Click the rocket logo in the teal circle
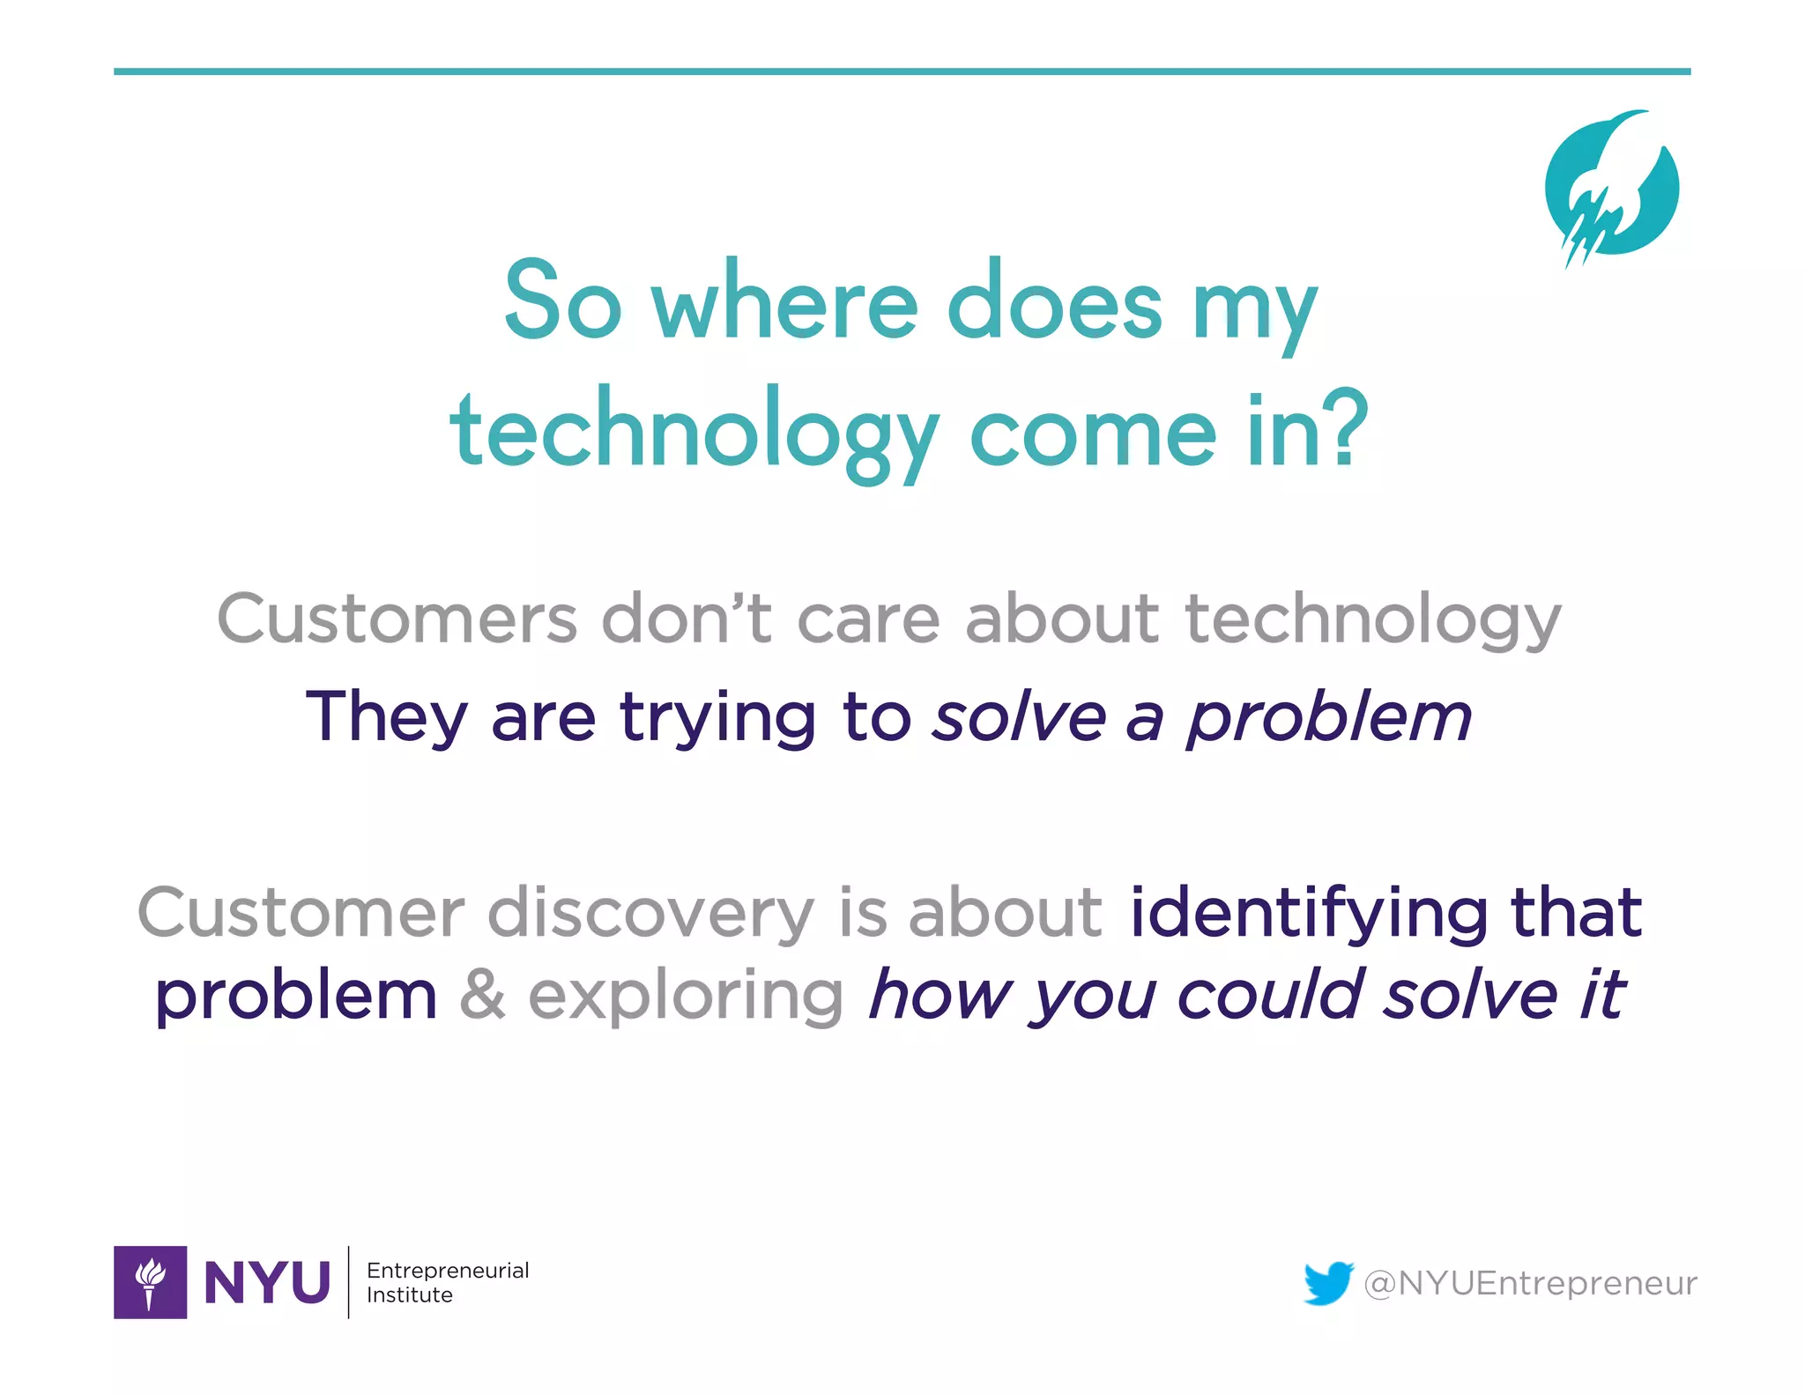point(1611,187)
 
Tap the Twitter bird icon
point(1328,1282)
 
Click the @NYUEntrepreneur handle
point(1530,1283)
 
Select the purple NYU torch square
point(150,1281)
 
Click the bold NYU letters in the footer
point(267,1282)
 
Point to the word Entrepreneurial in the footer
point(448,1270)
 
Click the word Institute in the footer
point(409,1294)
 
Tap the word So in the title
point(562,301)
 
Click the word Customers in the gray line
point(397,619)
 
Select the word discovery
point(650,913)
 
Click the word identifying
point(1309,913)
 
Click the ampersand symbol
point(482,994)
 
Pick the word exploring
point(686,996)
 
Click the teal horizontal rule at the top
point(902,71)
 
